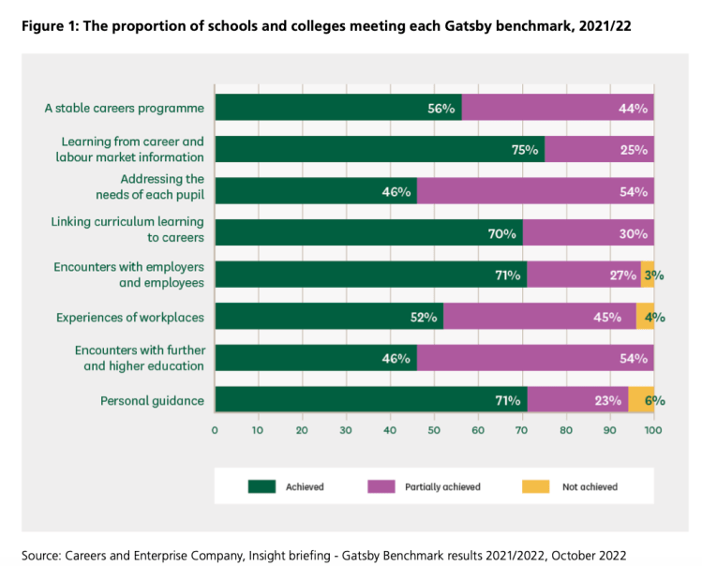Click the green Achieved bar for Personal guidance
click(x=371, y=400)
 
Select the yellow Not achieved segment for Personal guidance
click(x=641, y=400)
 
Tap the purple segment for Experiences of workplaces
click(x=540, y=317)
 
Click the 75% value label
click(x=525, y=150)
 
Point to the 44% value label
click(x=633, y=109)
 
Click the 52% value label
click(x=424, y=317)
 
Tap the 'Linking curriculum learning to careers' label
click(x=127, y=230)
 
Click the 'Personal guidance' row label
click(x=152, y=400)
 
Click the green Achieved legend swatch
click(x=261, y=486)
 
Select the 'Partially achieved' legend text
click(x=442, y=486)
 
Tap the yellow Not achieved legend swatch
click(x=534, y=486)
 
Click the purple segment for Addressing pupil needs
click(x=535, y=192)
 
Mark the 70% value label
click(x=502, y=233)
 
